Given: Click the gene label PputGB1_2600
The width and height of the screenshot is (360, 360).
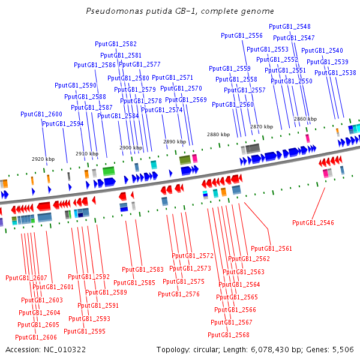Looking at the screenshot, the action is point(41,114).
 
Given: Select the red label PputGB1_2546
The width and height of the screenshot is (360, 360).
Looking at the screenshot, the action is point(313,223).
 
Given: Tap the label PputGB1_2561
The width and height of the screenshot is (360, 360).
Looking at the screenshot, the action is point(271,248).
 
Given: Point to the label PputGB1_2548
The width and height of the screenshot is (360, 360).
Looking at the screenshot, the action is point(290,26).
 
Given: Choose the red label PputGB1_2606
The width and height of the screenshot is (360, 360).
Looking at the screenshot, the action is point(36,337).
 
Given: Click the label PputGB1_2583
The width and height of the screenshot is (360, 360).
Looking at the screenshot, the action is point(143,269).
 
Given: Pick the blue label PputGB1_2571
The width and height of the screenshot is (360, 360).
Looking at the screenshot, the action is point(172,77).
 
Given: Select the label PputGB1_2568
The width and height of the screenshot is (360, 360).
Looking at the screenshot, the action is point(229,335).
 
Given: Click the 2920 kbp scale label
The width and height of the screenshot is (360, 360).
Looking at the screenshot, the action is point(43,159).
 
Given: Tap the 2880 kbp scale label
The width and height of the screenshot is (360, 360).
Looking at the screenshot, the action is point(218,134).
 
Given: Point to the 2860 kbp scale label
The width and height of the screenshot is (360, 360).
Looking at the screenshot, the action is point(305,119).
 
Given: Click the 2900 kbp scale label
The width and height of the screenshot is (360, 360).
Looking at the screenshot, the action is point(131,148).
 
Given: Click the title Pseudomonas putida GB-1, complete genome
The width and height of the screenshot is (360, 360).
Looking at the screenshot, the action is point(180,11).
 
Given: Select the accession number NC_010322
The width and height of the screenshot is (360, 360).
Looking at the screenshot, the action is point(65,350).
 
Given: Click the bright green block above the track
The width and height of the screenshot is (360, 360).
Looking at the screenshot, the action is point(109,171).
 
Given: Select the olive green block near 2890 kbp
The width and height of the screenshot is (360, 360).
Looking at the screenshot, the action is point(185,160).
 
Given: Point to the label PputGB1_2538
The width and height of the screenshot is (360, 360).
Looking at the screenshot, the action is point(335,73).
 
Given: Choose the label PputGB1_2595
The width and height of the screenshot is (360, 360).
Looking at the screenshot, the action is point(85,331).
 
